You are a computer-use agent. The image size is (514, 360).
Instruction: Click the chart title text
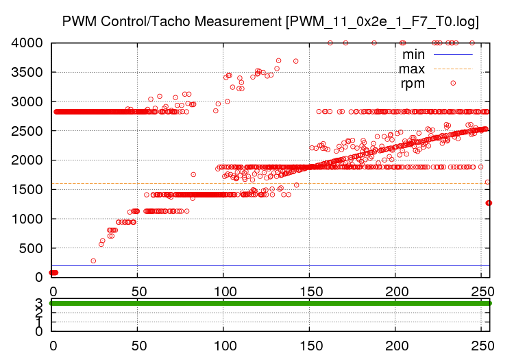click(x=270, y=21)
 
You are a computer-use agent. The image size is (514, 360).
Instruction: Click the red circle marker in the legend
click(x=453, y=83)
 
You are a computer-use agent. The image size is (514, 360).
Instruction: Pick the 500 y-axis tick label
click(x=33, y=248)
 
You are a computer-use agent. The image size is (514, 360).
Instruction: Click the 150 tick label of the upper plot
click(x=309, y=289)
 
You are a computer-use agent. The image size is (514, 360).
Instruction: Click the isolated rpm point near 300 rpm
click(x=93, y=261)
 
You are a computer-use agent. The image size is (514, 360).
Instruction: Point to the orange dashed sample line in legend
click(x=453, y=69)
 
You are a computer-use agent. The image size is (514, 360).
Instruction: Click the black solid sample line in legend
click(x=453, y=53)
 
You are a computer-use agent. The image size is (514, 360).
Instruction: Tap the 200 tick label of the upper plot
click(x=395, y=289)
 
